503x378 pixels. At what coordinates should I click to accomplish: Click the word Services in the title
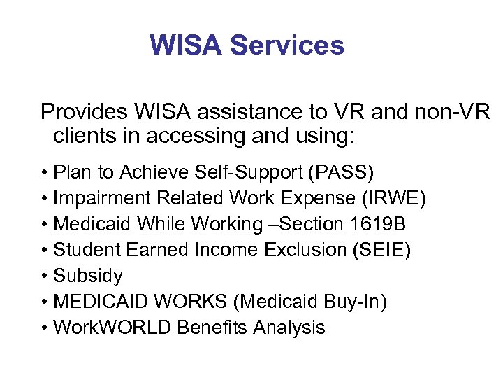coord(287,45)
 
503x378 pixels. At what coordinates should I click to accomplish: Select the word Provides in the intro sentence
coord(85,112)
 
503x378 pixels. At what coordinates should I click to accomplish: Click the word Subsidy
coord(88,276)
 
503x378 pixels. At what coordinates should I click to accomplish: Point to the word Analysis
coord(289,328)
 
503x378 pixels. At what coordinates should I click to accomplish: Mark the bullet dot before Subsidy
coord(45,276)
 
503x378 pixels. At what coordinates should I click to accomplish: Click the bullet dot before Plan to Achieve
coord(45,172)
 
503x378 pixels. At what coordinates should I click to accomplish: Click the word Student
coord(85,250)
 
